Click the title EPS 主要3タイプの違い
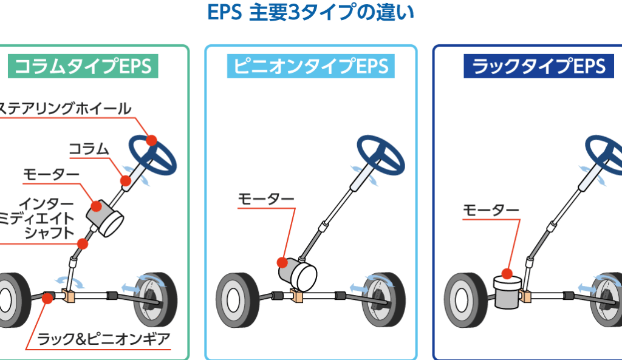[311, 12]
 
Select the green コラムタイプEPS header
[83, 66]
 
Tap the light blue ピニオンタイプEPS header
[310, 66]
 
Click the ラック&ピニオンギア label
[104, 339]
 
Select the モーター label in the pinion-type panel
[265, 198]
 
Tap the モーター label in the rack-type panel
[491, 210]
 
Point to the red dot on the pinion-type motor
[282, 262]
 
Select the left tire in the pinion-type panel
[234, 297]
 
